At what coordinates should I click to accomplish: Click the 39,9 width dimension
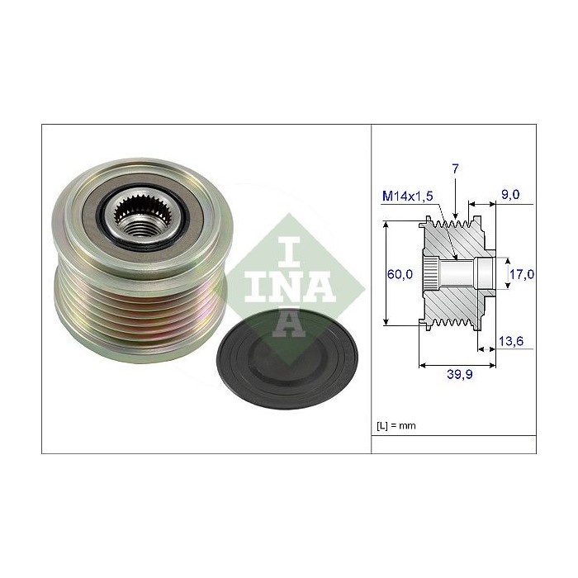[x=459, y=374]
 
